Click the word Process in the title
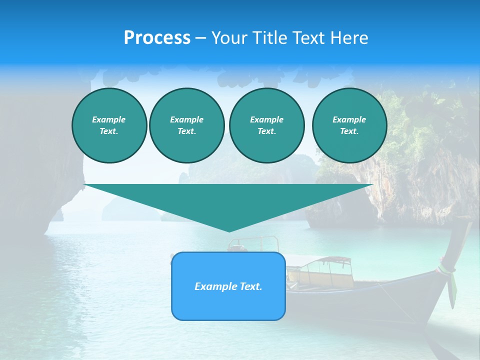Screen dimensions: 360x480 click(157, 38)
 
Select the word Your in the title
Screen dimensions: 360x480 click(230, 38)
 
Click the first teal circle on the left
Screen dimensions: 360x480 click(109, 125)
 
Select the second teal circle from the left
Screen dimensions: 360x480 click(186, 125)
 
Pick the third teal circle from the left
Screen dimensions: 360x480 click(266, 125)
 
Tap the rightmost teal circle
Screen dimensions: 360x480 click(349, 125)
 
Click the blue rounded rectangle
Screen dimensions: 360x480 click(228, 300)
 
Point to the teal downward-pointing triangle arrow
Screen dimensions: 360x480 click(228, 200)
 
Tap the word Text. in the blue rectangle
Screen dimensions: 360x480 click(250, 286)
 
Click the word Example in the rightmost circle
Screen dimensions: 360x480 click(349, 119)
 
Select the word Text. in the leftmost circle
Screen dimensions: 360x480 click(109, 131)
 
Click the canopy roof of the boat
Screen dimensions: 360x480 click(320, 260)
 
